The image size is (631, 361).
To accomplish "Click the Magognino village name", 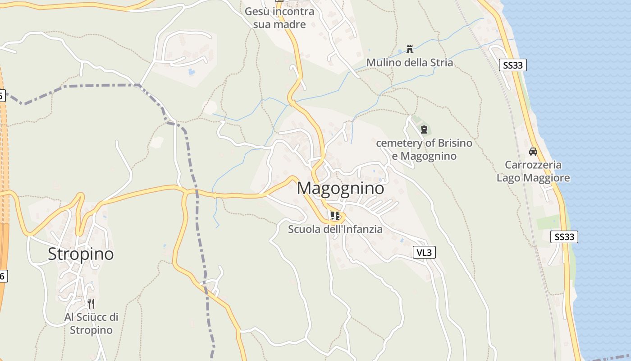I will pyautogui.click(x=341, y=188).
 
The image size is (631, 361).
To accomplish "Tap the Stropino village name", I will pyautogui.click(x=81, y=254).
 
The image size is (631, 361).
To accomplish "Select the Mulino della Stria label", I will pyautogui.click(x=409, y=62).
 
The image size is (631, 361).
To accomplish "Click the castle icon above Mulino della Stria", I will pyautogui.click(x=410, y=49).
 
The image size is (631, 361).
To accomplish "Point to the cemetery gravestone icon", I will pyautogui.click(x=424, y=130).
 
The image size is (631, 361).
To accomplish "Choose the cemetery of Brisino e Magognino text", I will pyautogui.click(x=424, y=150).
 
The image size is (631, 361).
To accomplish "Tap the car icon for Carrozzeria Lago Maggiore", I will pyautogui.click(x=533, y=152).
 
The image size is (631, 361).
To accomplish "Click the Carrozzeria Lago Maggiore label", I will pyautogui.click(x=533, y=171).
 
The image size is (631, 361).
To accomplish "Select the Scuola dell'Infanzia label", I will pyautogui.click(x=335, y=229).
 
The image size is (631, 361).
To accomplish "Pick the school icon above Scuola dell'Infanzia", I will pyautogui.click(x=335, y=216).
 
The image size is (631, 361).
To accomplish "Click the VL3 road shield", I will pyautogui.click(x=425, y=253).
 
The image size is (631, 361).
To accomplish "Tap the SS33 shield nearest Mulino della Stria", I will pyautogui.click(x=513, y=65).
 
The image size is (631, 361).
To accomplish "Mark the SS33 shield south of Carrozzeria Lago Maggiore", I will pyautogui.click(x=564, y=237).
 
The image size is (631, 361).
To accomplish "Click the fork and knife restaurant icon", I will pyautogui.click(x=91, y=303).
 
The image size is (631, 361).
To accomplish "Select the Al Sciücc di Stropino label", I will pyautogui.click(x=91, y=324).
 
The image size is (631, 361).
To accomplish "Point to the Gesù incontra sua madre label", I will pyautogui.click(x=279, y=18).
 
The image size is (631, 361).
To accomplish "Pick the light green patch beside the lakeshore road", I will pyautogui.click(x=548, y=222).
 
